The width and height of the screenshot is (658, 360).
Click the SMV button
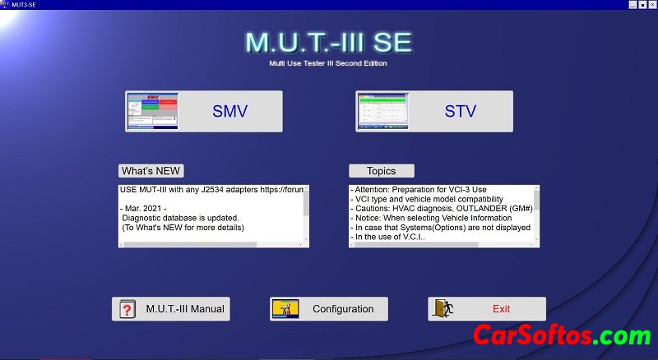pyautogui.click(x=203, y=111)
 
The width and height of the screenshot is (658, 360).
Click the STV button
pyautogui.click(x=434, y=111)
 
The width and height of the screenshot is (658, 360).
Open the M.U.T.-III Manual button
pyautogui.click(x=171, y=309)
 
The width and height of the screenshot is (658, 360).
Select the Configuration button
pyautogui.click(x=328, y=309)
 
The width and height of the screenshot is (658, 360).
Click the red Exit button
pyautogui.click(x=486, y=309)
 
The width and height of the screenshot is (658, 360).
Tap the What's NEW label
pyautogui.click(x=151, y=171)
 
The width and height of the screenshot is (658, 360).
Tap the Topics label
pyautogui.click(x=381, y=171)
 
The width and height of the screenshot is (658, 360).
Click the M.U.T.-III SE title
pyautogui.click(x=328, y=42)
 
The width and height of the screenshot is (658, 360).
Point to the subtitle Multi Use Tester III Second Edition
pyautogui.click(x=328, y=63)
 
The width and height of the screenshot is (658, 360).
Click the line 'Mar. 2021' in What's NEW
pyautogui.click(x=145, y=208)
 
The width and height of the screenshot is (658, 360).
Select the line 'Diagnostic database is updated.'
pyautogui.click(x=182, y=218)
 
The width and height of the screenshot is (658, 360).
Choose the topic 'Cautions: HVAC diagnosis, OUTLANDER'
pyautogui.click(x=436, y=209)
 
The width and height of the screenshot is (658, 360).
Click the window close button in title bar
pyautogui.click(x=652, y=4)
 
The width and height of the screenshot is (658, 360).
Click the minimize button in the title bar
pyautogui.click(x=633, y=4)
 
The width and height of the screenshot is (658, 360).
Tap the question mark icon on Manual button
pyautogui.click(x=127, y=309)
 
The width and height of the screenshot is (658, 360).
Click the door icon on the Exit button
pyautogui.click(x=443, y=309)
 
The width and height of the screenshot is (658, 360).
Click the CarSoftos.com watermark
pyautogui.click(x=561, y=335)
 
